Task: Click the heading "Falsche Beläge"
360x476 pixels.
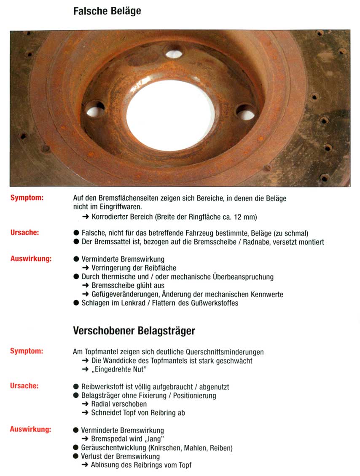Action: coord(107,11)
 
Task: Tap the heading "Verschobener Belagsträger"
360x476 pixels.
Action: coord(134,331)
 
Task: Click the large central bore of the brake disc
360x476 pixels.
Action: coord(170,115)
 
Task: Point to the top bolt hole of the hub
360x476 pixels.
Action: coord(174,53)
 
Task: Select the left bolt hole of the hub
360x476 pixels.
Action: coord(95,110)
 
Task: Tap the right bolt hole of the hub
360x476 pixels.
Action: coord(246,113)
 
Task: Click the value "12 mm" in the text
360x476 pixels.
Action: coord(246,217)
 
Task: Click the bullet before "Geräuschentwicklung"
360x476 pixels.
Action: coord(76,448)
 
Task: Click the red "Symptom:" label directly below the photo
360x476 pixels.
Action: coord(27,198)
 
